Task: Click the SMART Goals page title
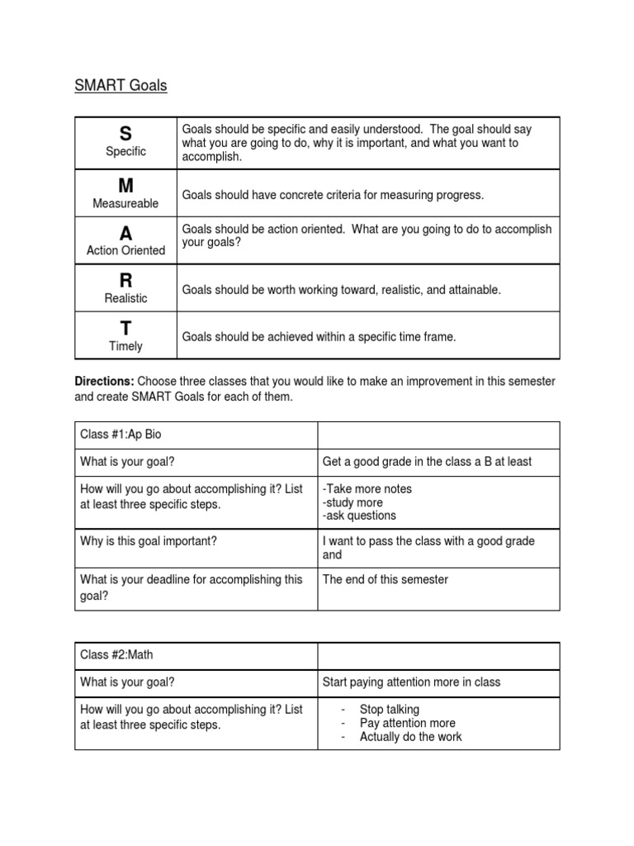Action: click(121, 85)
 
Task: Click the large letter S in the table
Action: click(125, 134)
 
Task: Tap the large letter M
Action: click(125, 184)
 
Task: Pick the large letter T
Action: click(125, 328)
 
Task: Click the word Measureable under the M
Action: click(125, 203)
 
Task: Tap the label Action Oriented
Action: click(125, 250)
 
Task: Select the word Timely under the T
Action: click(125, 346)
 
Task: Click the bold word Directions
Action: click(104, 381)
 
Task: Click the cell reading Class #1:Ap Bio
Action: click(127, 435)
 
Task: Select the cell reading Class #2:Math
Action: click(116, 655)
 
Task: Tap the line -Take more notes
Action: click(367, 489)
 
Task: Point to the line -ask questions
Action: click(359, 516)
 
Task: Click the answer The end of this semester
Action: click(386, 580)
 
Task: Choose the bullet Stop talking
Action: click(389, 710)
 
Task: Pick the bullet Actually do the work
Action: click(410, 736)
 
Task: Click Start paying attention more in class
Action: click(411, 682)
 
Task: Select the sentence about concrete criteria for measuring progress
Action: click(333, 195)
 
